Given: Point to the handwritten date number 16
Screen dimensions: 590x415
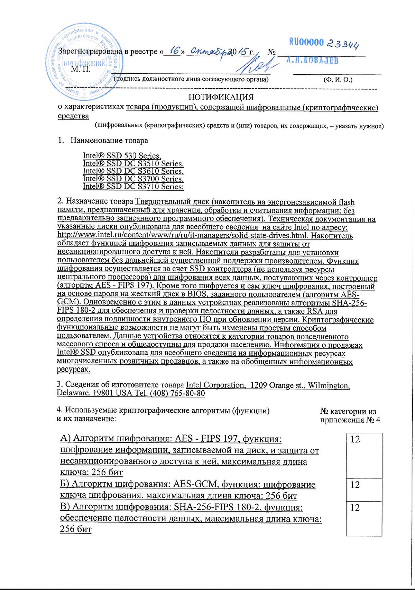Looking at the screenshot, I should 175,51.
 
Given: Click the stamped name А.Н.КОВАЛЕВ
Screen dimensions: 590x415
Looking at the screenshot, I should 312,60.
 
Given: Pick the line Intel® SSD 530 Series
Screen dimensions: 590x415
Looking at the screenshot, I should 122,156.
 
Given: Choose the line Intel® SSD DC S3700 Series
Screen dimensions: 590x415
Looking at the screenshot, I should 133,179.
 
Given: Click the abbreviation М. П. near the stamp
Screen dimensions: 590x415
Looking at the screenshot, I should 81,69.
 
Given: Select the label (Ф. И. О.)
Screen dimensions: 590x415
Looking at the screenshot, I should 338,79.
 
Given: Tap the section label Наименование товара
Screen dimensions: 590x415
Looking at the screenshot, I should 109,140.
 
